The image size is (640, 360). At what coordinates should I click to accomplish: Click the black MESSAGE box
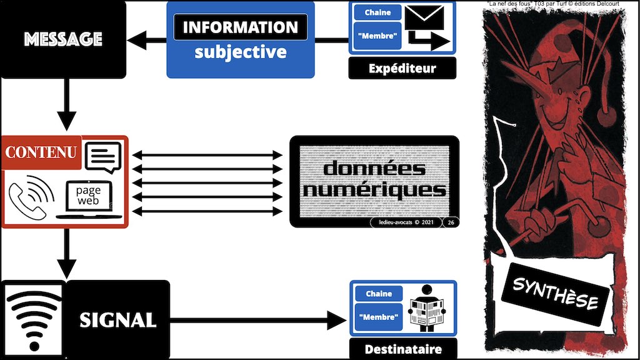coord(62,39)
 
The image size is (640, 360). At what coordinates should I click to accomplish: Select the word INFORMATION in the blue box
coord(240,27)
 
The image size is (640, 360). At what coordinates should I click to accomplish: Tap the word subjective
coord(240,51)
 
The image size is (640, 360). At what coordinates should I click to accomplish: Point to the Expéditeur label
coord(402,68)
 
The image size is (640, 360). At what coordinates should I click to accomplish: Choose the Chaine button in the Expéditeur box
coord(378,12)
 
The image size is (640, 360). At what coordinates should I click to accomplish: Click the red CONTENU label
coord(41,152)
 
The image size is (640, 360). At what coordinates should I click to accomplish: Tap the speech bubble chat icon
coord(103,157)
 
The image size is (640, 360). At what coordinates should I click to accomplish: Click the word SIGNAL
coord(117,321)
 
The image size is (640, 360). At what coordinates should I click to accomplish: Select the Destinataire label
coord(402,349)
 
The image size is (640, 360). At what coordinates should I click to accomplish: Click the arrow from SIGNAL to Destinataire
coord(256,322)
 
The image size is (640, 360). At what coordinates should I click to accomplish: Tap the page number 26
coord(450,222)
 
